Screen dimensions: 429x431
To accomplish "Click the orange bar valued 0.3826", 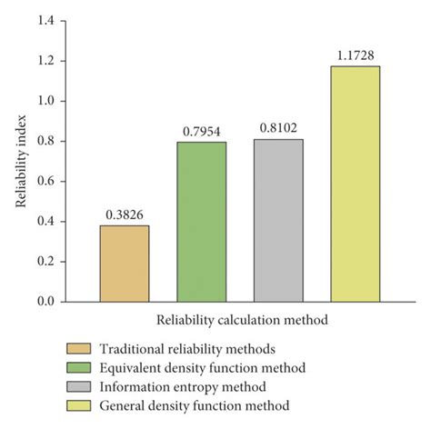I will pos(125,264).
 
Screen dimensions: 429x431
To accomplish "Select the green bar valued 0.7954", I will pos(202,222).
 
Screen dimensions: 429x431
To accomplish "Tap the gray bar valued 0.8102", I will pos(279,221).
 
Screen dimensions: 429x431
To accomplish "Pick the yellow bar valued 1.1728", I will pos(356,184).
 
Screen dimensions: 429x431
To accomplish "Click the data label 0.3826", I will pos(125,215).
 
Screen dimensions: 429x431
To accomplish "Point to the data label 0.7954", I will pos(202,132).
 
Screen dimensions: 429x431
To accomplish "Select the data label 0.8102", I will pos(279,129).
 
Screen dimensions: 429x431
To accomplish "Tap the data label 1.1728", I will pos(356,55).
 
